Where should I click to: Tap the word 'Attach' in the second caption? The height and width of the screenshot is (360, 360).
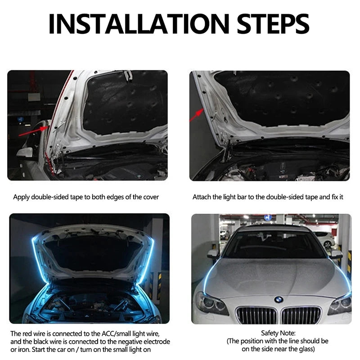[202, 197]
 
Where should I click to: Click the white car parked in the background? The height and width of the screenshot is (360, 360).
[325, 238]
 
